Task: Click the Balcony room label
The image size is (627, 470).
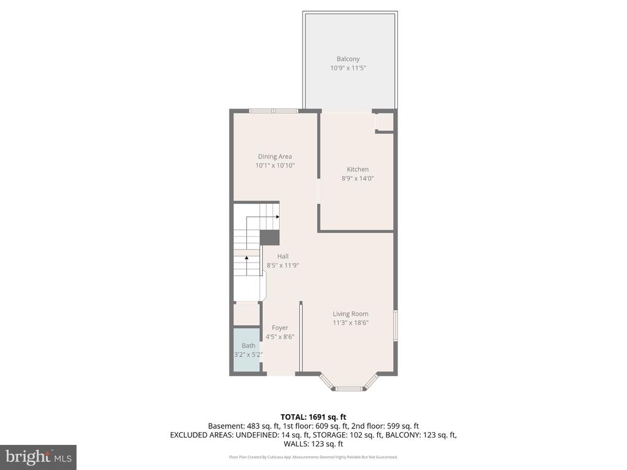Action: tap(348, 59)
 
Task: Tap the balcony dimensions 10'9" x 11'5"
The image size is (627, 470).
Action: tap(348, 69)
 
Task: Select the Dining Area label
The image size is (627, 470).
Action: tap(275, 157)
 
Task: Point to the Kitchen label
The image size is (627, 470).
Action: tap(358, 170)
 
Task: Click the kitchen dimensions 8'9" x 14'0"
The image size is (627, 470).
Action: tap(358, 179)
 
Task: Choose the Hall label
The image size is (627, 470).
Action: tap(282, 256)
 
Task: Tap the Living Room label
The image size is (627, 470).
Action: tap(350, 314)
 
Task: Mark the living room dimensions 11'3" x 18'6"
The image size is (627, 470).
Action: tap(350, 323)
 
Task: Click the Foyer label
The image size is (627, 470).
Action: tap(280, 328)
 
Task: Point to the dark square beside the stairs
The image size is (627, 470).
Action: tap(269, 237)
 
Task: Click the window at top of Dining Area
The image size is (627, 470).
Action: tap(273, 111)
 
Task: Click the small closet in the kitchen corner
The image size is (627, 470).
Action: tap(385, 122)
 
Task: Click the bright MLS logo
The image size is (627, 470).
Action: tap(38, 457)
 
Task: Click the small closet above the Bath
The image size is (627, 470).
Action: tap(246, 314)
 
